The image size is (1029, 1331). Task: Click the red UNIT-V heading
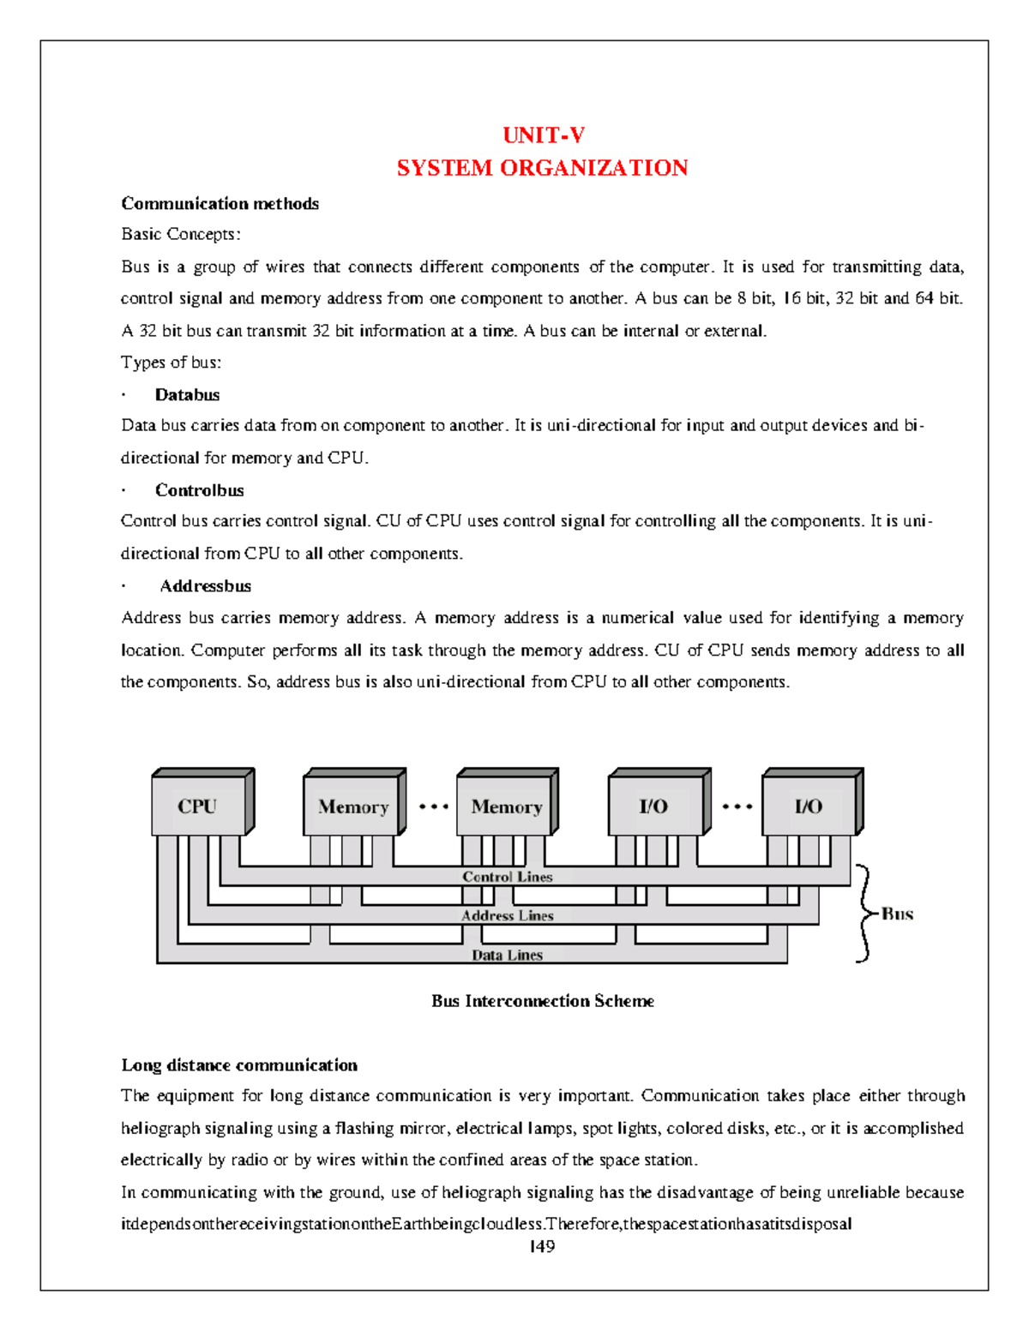pos(543,135)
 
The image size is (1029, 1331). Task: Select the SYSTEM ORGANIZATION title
pos(542,168)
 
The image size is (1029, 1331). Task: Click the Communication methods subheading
pos(220,204)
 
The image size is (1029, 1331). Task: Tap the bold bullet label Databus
pos(187,395)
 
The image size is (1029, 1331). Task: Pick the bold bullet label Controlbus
pos(199,490)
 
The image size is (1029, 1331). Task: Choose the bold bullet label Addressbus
pos(205,586)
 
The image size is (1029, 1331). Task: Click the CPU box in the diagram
pos(198,806)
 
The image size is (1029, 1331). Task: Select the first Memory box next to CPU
pos(352,806)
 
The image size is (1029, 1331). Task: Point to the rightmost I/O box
pos(809,806)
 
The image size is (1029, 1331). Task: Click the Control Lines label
pos(507,877)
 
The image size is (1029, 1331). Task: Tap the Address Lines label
pos(507,915)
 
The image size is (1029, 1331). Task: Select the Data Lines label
pos(507,955)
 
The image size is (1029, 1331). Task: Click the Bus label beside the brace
pos(897,914)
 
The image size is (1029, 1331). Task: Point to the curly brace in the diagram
pos(864,914)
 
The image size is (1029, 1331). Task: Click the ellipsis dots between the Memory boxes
pos(433,806)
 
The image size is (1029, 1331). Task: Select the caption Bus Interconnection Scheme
pos(542,1001)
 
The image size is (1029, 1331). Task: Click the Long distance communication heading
pos(239,1065)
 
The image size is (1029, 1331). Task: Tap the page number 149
pos(542,1247)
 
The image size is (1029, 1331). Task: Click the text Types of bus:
pos(171,363)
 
